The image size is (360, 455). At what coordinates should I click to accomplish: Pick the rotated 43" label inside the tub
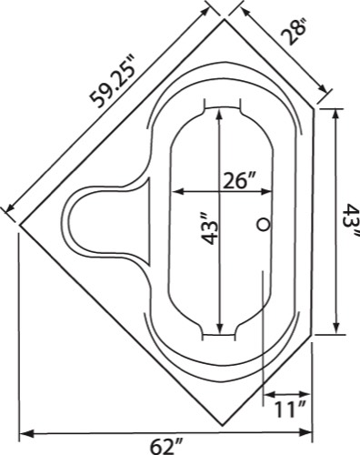[210, 228]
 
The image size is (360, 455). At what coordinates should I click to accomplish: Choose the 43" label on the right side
[352, 220]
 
